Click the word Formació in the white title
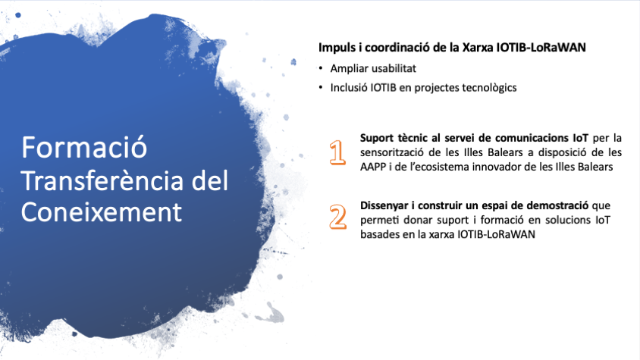(84, 148)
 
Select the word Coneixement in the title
(101, 212)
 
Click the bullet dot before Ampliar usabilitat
(321, 68)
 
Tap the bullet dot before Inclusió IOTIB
(321, 88)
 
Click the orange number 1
(337, 152)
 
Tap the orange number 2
(338, 217)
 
